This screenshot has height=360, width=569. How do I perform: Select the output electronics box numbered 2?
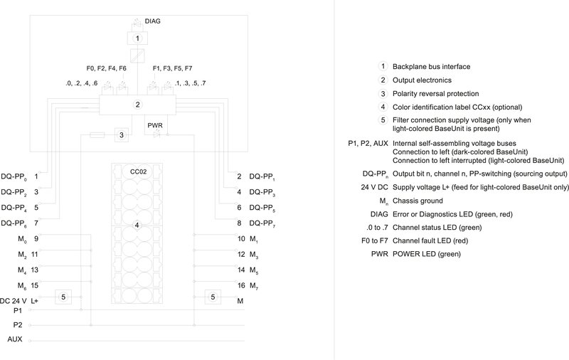(x=137, y=105)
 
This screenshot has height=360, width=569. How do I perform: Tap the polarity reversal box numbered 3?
(x=122, y=134)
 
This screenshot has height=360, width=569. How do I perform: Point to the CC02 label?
(x=137, y=172)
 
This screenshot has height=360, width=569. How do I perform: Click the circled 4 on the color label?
(x=137, y=226)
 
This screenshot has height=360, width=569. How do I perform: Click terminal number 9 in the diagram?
(x=36, y=238)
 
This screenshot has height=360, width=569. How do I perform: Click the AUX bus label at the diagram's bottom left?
(x=14, y=339)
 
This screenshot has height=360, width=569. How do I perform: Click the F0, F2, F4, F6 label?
(x=106, y=69)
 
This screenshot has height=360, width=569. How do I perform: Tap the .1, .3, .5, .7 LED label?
(x=191, y=83)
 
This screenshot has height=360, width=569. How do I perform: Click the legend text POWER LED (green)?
(x=425, y=255)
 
